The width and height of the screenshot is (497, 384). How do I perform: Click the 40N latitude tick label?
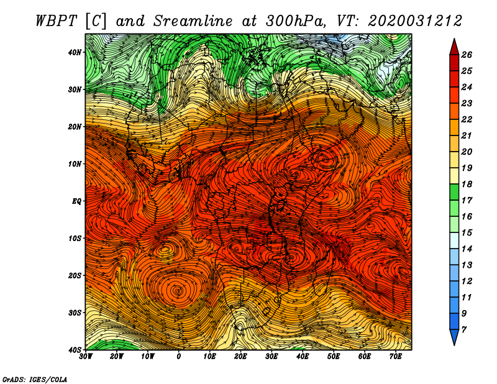coord(75,52)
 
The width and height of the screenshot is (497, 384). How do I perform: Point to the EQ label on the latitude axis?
coord(76,201)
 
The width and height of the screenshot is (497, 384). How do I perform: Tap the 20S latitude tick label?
coord(75,275)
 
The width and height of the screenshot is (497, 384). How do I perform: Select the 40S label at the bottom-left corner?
coord(75,350)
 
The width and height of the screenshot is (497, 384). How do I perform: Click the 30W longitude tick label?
coord(86,357)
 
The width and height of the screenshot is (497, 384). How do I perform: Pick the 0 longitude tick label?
coord(179,357)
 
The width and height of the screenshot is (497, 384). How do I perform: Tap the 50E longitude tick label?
coord(334,357)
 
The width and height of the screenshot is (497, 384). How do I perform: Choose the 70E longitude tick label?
coord(396,357)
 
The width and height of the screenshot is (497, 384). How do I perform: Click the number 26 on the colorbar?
coord(467,55)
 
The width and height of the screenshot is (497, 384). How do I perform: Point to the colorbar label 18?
coord(467,184)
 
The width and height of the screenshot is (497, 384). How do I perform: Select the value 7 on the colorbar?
coord(463,330)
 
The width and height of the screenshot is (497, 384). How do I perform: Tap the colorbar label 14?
coord(467,249)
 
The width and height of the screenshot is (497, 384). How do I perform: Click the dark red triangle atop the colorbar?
coord(454,47)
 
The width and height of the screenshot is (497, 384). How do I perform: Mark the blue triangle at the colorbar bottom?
coord(454,337)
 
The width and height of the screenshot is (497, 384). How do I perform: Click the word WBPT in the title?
coord(56,21)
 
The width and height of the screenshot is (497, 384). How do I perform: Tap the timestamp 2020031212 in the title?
coord(415,21)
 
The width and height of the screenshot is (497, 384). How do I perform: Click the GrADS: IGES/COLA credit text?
coord(35,379)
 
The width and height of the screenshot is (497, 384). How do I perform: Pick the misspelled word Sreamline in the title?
coord(193,21)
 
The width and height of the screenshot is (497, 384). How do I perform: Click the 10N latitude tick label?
coord(75,164)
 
